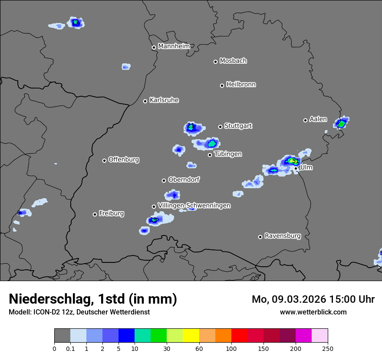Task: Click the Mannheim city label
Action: tap(174, 46)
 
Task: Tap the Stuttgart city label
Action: tap(238, 126)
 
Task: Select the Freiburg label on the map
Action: tap(111, 213)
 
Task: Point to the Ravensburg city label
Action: tap(283, 236)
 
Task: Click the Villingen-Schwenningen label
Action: tap(194, 206)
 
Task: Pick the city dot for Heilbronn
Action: tap(222, 85)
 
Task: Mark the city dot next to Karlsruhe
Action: tap(145, 101)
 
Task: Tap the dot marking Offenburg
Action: tap(104, 160)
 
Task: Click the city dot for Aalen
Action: tap(305, 120)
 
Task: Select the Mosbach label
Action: tap(233, 61)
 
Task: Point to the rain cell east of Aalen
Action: tap(342, 124)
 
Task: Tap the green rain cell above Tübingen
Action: tap(212, 143)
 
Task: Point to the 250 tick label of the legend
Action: tap(328, 349)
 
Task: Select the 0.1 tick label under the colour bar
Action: tap(70, 349)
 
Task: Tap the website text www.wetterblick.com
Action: tap(313, 312)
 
